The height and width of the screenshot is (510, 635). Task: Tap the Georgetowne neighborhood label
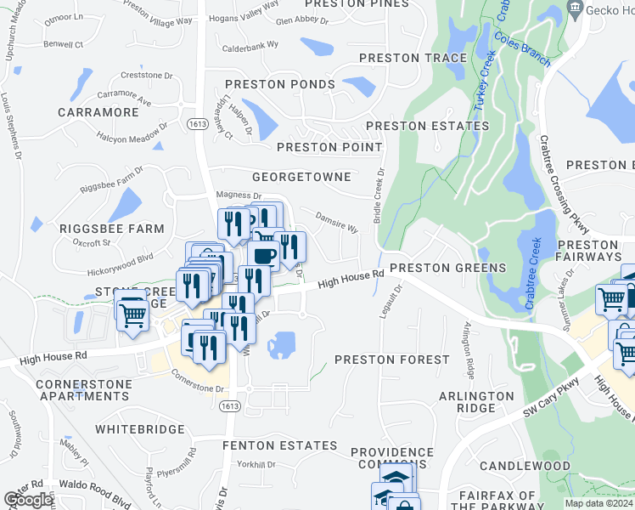[x=301, y=177]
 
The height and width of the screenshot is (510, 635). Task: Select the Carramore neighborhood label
[x=98, y=111]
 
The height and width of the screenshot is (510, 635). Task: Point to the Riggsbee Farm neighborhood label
[x=111, y=229]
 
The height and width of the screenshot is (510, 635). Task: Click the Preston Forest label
[x=391, y=360]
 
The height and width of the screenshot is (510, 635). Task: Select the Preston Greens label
[x=447, y=268]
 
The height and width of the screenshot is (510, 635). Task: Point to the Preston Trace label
[x=413, y=58]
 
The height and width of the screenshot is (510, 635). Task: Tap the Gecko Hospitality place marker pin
[x=576, y=8]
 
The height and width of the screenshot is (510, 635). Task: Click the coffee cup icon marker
[x=263, y=255]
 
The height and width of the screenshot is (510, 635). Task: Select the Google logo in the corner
[x=28, y=500]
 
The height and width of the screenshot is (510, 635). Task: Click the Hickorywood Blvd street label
[x=119, y=264]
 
